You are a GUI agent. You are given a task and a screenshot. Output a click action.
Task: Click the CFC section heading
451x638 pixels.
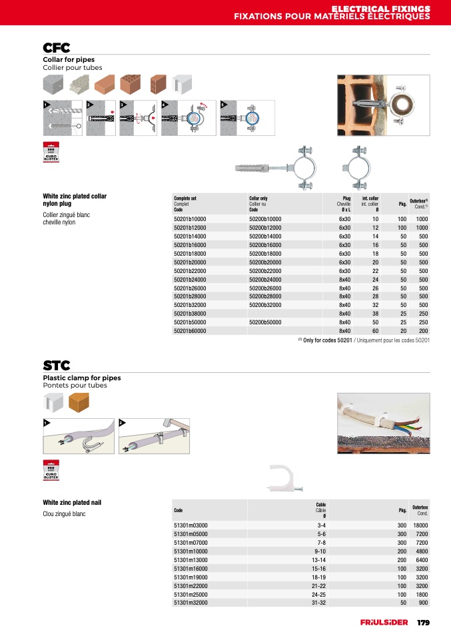click(57, 48)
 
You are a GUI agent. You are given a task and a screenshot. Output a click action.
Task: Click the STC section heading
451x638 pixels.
click(57, 366)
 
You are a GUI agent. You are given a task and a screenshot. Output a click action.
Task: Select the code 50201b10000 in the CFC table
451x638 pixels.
click(190, 219)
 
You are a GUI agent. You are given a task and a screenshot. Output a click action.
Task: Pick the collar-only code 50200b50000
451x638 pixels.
click(265, 322)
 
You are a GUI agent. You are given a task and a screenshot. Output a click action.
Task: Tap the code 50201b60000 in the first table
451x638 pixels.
click(190, 331)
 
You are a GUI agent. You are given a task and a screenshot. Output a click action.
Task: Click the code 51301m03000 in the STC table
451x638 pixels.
click(191, 525)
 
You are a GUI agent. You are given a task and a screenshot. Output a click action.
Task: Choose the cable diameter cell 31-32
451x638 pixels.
click(318, 603)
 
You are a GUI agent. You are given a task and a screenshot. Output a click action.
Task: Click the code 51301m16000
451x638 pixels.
click(191, 569)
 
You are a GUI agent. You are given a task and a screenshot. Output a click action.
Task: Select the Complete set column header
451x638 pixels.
click(185, 198)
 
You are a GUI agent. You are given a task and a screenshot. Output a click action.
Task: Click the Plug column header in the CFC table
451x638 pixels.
click(346, 198)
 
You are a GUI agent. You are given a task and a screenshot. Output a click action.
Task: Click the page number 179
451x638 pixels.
click(423, 623)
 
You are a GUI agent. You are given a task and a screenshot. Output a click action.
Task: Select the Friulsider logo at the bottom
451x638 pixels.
click(385, 623)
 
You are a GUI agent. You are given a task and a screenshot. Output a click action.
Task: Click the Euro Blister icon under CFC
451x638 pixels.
click(51, 153)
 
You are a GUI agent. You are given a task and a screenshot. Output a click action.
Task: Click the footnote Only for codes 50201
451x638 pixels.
click(363, 340)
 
